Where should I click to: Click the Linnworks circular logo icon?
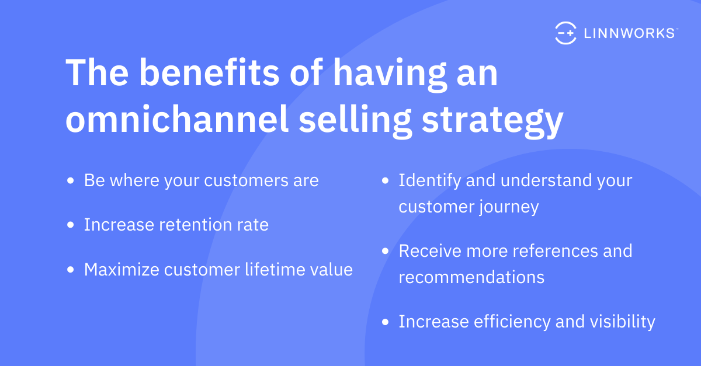click(x=566, y=33)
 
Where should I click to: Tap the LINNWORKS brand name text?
click(x=629, y=33)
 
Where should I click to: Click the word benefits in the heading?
click(x=209, y=72)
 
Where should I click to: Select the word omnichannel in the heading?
click(x=177, y=119)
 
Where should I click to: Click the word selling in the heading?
click(x=355, y=121)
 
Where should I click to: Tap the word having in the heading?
click(x=390, y=75)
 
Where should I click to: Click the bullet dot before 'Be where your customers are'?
click(x=71, y=180)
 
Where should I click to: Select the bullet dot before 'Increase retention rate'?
click(x=71, y=225)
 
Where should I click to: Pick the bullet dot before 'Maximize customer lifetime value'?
click(x=71, y=270)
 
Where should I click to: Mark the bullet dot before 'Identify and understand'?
click(x=385, y=180)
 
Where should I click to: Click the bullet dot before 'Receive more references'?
click(x=385, y=251)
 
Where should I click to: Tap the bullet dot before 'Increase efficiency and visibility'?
click(x=385, y=322)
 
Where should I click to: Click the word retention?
click(x=195, y=225)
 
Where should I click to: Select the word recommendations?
click(x=471, y=277)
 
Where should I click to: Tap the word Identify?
click(x=430, y=181)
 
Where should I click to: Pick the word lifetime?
click(x=275, y=269)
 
